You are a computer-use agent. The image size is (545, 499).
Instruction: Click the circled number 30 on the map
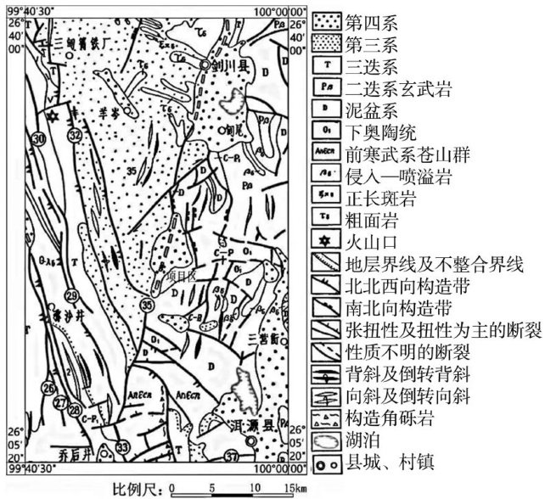(37, 138)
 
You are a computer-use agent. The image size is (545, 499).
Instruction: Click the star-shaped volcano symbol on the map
(52, 115)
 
